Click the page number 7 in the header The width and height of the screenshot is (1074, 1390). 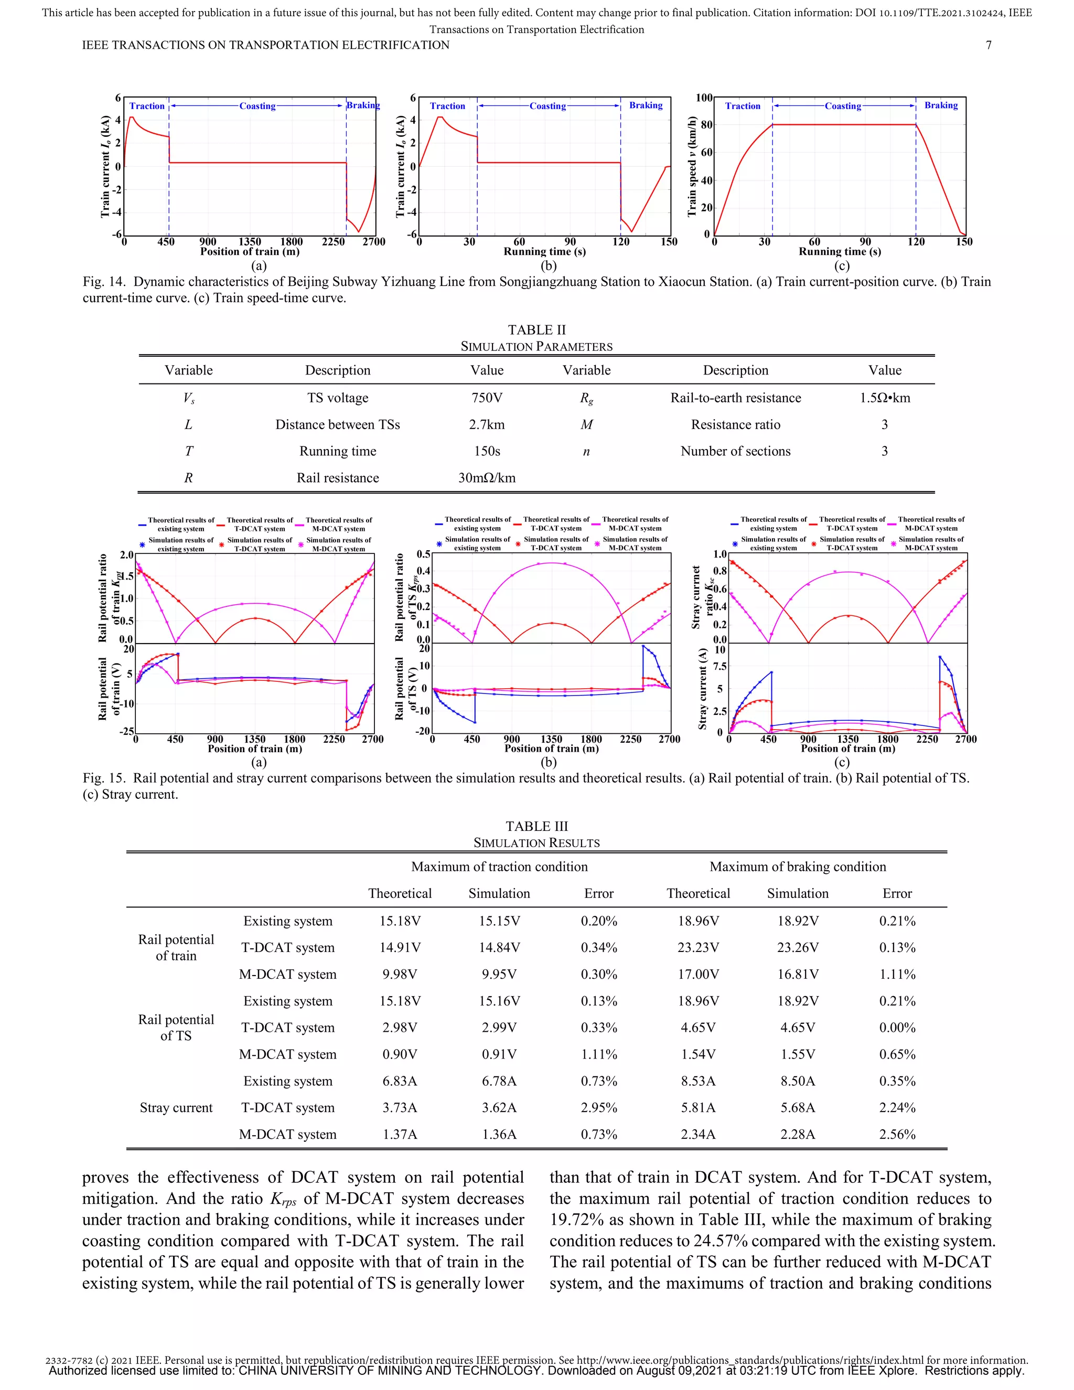[x=988, y=45]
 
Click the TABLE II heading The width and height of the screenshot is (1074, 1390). [x=536, y=330]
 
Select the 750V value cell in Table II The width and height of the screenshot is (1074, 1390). [x=487, y=398]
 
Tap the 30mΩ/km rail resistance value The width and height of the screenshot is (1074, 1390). [x=487, y=478]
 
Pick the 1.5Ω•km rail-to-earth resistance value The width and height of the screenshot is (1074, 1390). [x=884, y=398]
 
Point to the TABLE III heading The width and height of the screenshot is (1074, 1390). [x=536, y=826]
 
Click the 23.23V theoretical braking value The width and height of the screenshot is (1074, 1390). [x=698, y=948]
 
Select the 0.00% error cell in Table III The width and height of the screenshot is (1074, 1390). [x=897, y=1028]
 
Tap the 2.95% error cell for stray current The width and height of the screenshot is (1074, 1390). [x=599, y=1108]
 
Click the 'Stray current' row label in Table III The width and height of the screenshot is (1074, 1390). [x=176, y=1108]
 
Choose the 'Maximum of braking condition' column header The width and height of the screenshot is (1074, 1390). [x=797, y=867]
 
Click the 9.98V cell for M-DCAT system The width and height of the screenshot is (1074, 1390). [x=400, y=975]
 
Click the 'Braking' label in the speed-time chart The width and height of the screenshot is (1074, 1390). [x=941, y=105]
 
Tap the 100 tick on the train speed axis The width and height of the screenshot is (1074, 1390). [x=704, y=98]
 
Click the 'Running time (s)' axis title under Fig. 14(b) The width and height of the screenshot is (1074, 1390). [x=545, y=251]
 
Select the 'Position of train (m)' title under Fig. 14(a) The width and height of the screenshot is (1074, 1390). [x=250, y=251]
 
